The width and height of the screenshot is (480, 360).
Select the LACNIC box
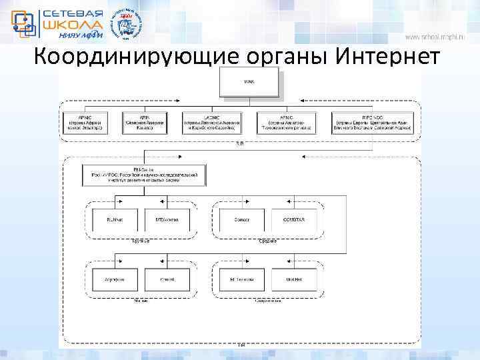(x=211, y=123)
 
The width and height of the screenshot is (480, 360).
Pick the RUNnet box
(x=115, y=221)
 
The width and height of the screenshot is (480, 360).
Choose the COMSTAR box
(x=295, y=221)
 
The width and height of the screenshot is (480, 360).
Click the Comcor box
(x=241, y=221)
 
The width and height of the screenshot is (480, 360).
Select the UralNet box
(x=295, y=279)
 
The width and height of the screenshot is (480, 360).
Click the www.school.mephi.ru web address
(x=441, y=37)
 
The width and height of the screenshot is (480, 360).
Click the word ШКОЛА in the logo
(x=71, y=24)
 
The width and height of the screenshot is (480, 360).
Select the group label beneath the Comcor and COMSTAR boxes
(x=267, y=241)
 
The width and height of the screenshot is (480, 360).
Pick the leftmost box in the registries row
(x=85, y=123)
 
